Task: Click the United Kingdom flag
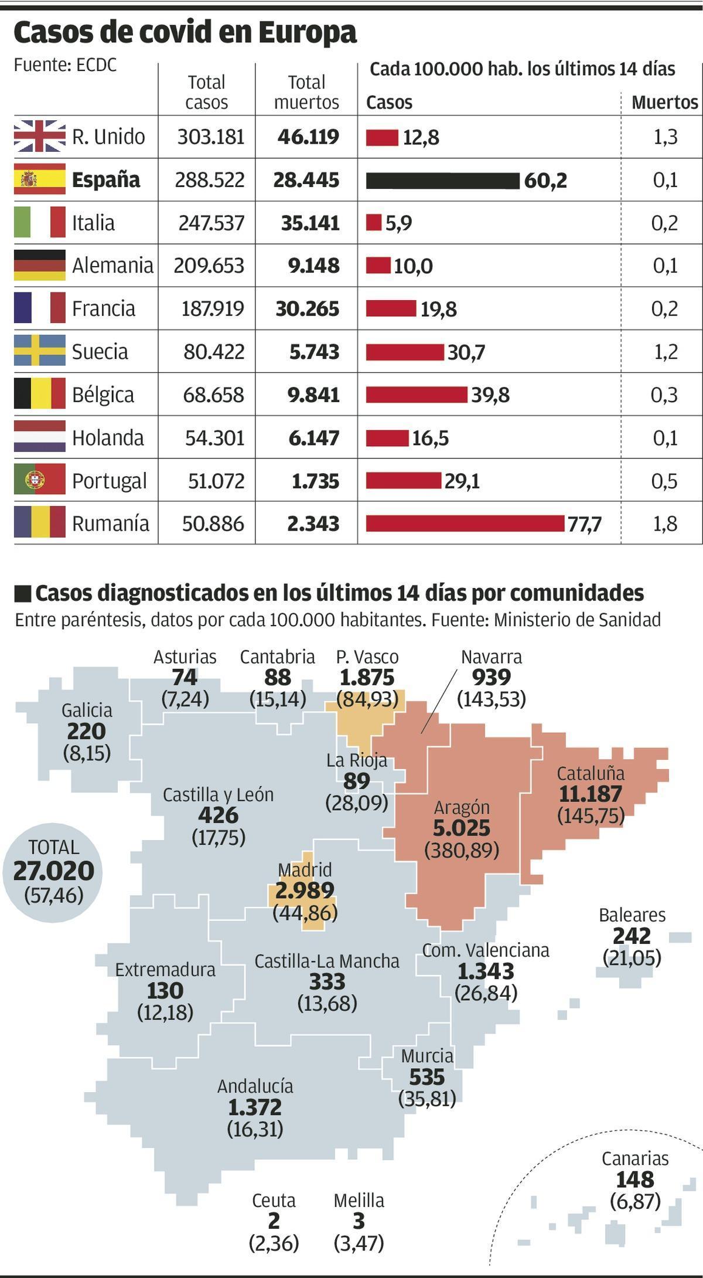coord(40,136)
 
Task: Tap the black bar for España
coord(442,181)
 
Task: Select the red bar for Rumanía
coord(465,523)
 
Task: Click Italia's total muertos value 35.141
coord(310,223)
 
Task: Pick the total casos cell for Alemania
coord(209,266)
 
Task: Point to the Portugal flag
coord(40,480)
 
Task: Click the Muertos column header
coord(664,103)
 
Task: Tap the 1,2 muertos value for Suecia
coord(664,352)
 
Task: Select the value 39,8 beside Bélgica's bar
coord(490,395)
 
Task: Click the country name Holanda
coord(108,438)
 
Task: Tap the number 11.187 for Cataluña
coord(590,794)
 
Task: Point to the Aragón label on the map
coord(462,807)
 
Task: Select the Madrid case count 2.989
coord(305,890)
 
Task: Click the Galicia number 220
coord(86,731)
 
